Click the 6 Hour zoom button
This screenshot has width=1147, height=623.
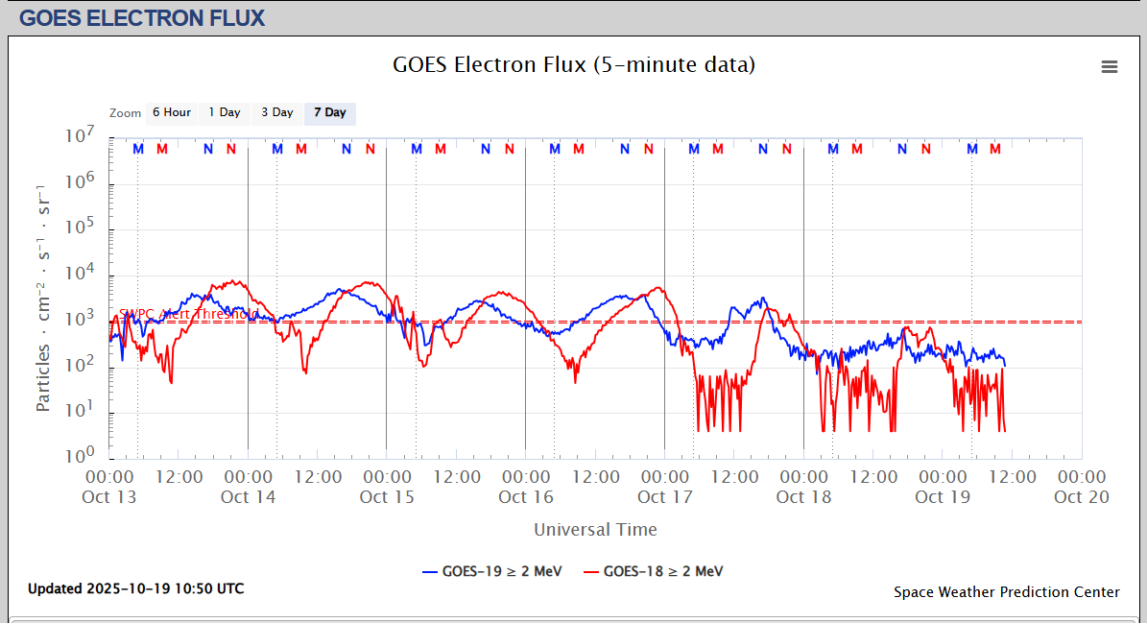tap(172, 113)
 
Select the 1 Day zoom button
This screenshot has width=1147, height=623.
tap(225, 113)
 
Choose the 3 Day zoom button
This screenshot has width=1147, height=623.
tap(277, 113)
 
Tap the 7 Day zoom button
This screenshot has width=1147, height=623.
tap(330, 113)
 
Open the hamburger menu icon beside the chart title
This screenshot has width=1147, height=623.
tap(1110, 66)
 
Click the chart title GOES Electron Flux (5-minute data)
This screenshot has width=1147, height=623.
tap(574, 65)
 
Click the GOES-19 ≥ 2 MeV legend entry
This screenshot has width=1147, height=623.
tap(491, 571)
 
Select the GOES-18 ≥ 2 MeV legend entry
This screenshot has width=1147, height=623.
tap(653, 571)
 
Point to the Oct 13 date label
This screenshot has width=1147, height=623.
tap(109, 497)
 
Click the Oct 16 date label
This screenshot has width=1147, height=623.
tap(526, 497)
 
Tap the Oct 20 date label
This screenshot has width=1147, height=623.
tap(1082, 497)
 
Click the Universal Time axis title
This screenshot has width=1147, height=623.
tap(595, 530)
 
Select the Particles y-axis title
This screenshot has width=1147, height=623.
tap(44, 298)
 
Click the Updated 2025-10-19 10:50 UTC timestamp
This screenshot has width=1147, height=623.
tap(135, 588)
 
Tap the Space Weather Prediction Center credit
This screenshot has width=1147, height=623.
tap(1007, 592)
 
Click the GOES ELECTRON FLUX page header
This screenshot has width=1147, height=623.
tap(142, 17)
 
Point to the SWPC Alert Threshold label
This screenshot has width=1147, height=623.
tap(188, 314)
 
